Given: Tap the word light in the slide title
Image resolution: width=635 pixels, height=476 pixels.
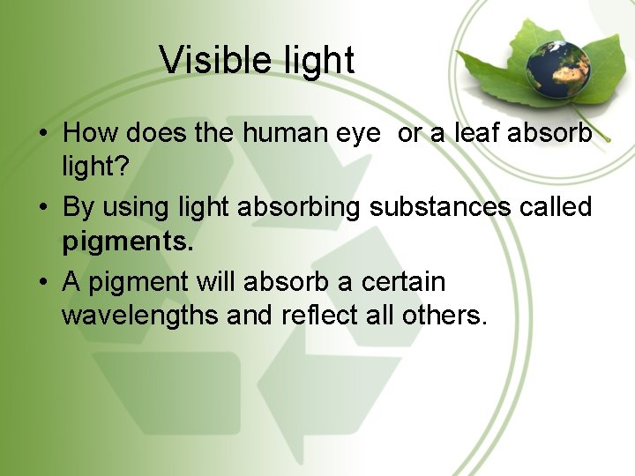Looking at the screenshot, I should point(316,60).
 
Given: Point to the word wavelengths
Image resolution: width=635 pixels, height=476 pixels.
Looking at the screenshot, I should point(141,315).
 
